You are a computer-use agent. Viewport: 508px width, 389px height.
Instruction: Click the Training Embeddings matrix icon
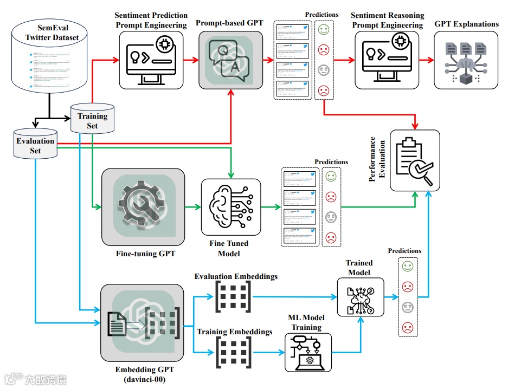pyautogui.click(x=234, y=352)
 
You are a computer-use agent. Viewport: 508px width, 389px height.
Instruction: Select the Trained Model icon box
pyautogui.click(x=360, y=297)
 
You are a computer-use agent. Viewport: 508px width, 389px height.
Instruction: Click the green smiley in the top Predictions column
pyautogui.click(x=323, y=30)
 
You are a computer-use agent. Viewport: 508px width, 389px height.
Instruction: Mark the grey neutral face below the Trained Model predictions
pyautogui.click(x=407, y=307)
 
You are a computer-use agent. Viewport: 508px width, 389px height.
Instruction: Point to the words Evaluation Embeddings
pyautogui.click(x=236, y=276)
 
